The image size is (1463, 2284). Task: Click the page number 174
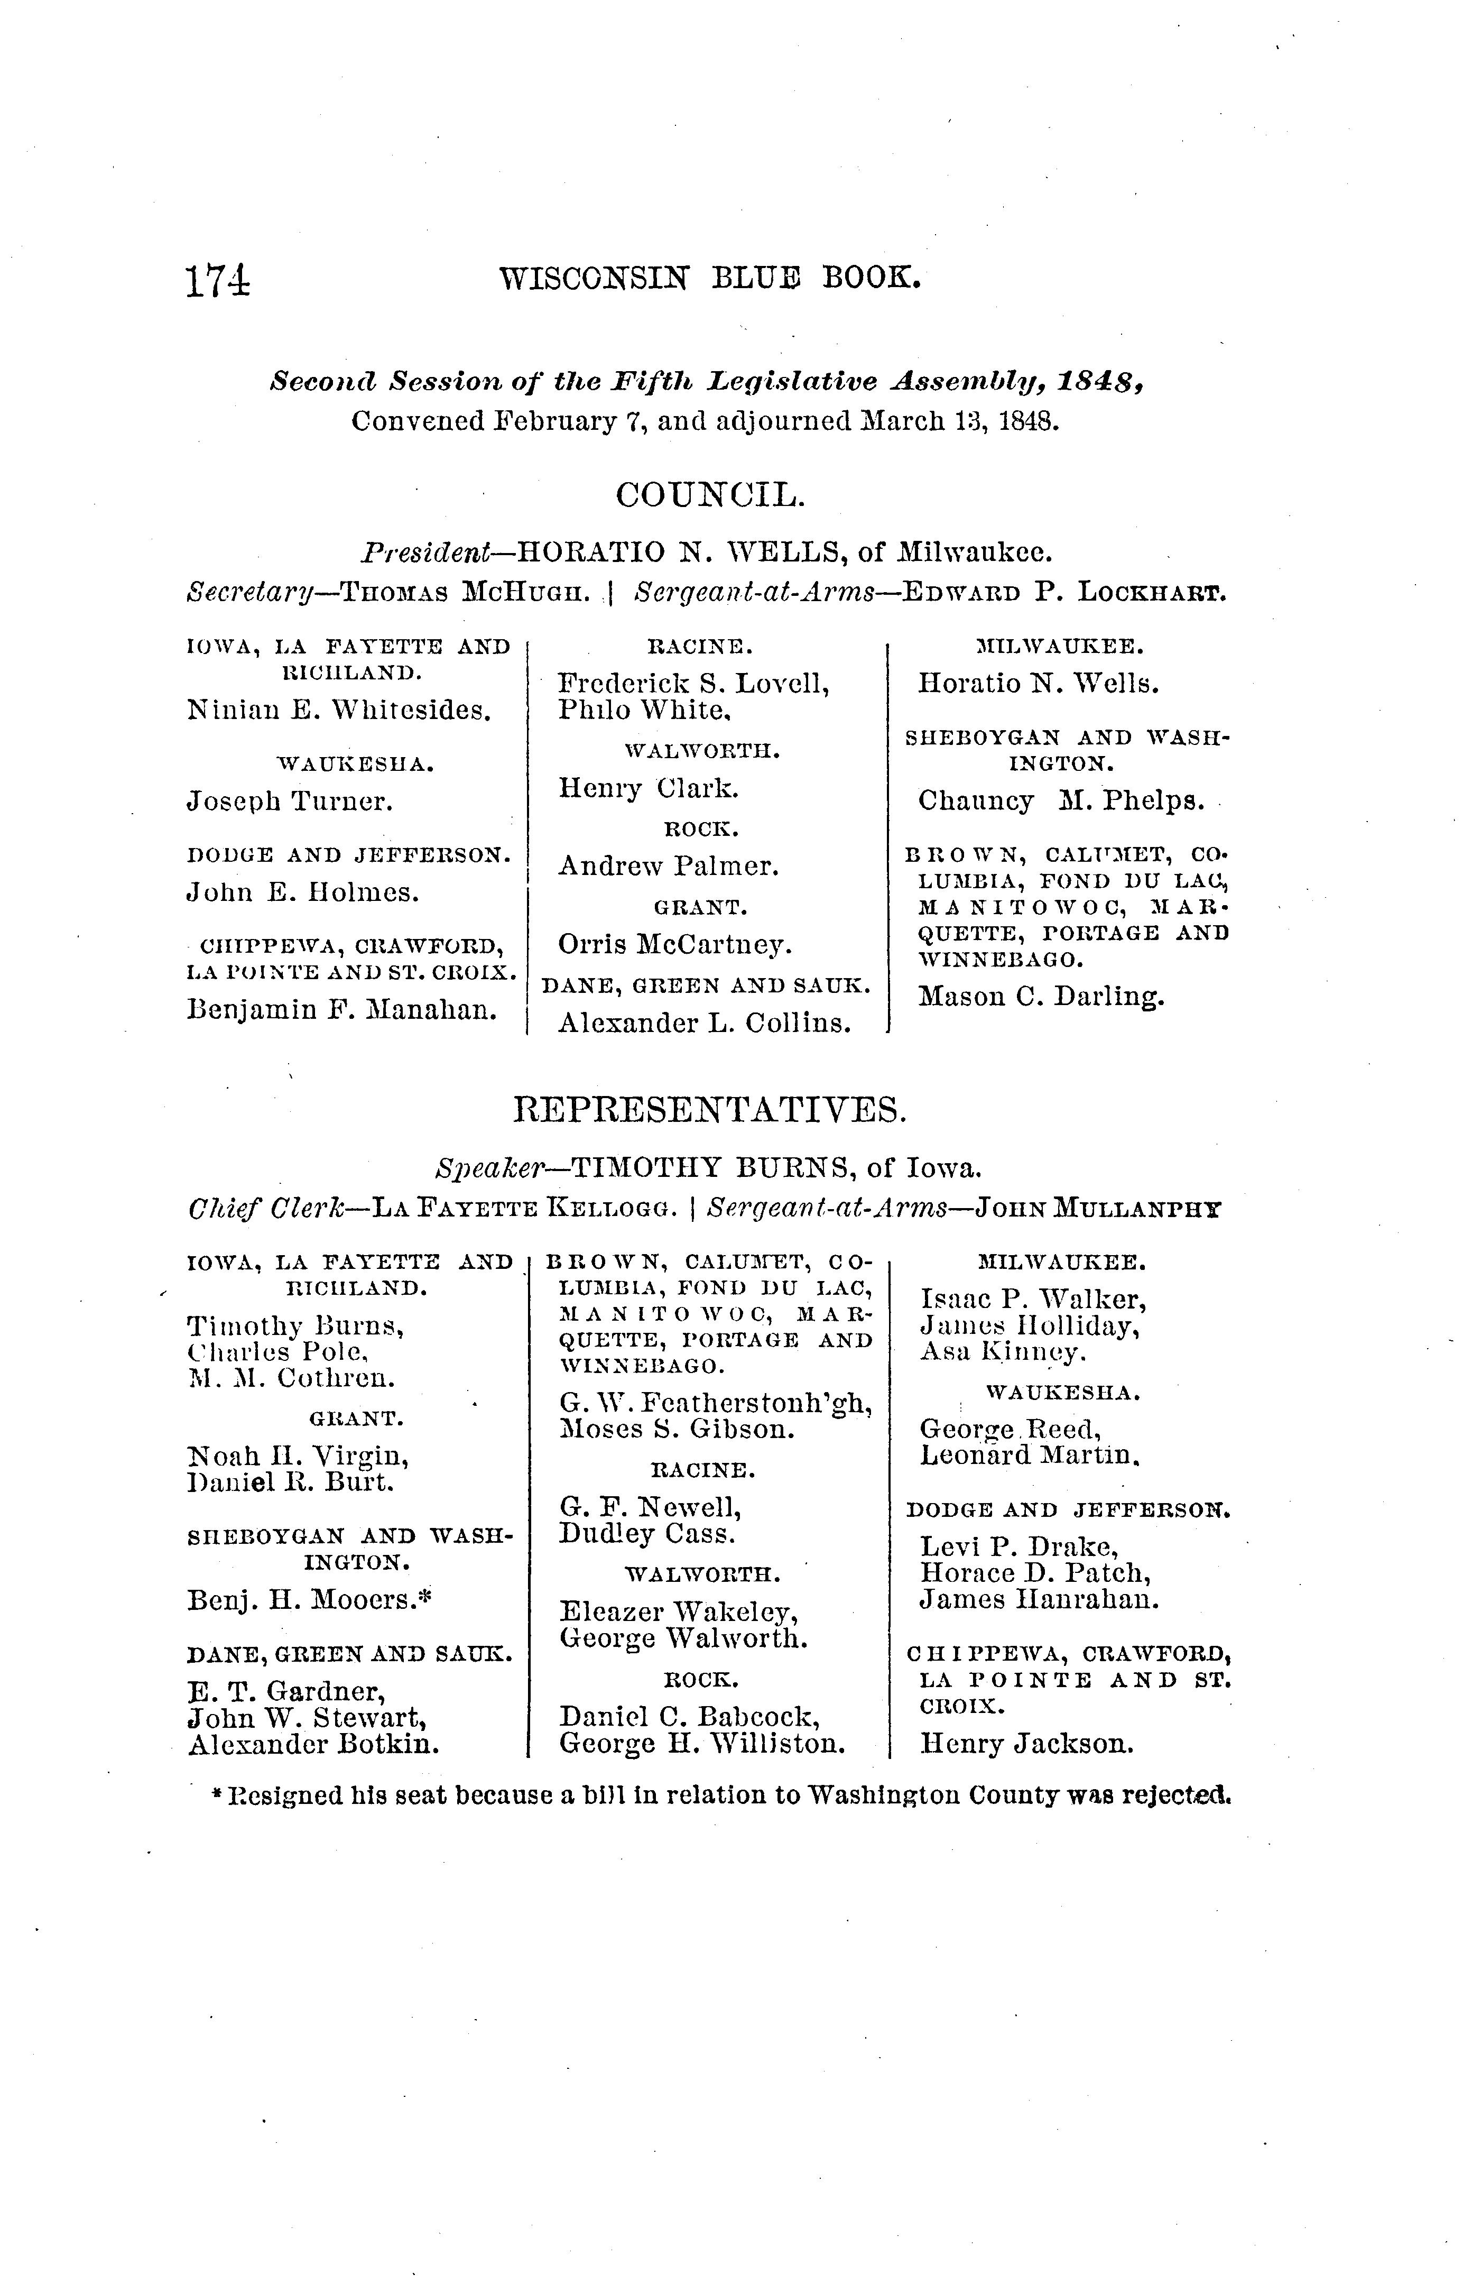218,281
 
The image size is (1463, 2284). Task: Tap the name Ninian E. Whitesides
339,710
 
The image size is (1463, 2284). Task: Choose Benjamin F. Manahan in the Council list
343,1009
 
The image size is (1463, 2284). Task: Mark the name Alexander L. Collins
704,1023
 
